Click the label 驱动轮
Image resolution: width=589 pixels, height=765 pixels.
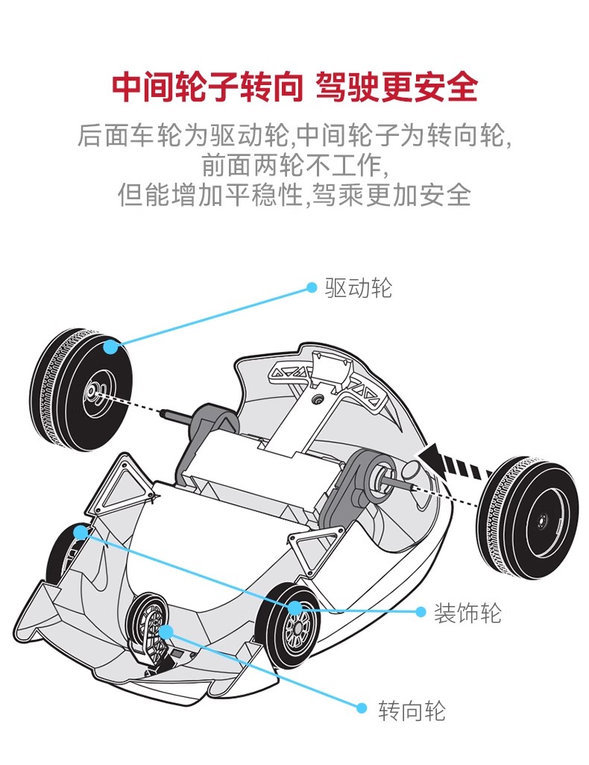[358, 288]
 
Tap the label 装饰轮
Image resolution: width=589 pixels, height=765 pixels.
[468, 613]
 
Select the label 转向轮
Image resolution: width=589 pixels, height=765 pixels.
[412, 710]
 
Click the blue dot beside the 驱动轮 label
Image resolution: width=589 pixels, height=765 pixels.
[312, 288]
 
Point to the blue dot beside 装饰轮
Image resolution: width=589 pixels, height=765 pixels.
[420, 613]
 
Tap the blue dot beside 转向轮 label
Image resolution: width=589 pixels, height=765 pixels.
[362, 708]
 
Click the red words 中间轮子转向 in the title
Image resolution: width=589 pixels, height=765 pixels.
[207, 87]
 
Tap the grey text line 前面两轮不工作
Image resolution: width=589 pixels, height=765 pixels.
[294, 165]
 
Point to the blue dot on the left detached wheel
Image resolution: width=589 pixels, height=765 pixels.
[110, 346]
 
